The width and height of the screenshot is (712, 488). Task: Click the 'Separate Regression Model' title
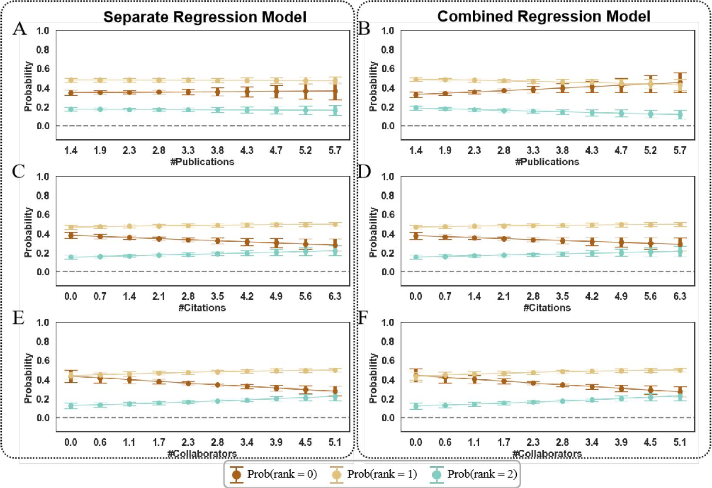(x=204, y=17)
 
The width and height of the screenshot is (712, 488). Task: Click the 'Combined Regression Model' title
(x=544, y=16)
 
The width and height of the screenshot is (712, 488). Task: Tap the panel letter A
(x=20, y=29)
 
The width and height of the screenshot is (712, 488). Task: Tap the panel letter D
(x=364, y=172)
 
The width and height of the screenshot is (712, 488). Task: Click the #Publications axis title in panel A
(x=203, y=162)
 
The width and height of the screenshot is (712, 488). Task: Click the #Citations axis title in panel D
(x=547, y=308)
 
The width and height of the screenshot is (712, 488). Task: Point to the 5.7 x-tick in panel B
(x=679, y=150)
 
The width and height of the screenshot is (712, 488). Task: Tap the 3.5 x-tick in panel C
(x=217, y=296)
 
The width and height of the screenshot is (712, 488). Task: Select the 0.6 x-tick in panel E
(x=100, y=442)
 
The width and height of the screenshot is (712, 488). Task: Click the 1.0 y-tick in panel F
(x=388, y=322)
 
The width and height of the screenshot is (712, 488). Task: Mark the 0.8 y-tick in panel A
(x=43, y=50)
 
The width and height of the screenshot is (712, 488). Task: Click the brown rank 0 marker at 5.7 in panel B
(x=679, y=82)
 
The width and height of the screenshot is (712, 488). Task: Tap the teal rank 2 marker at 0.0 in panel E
(x=70, y=406)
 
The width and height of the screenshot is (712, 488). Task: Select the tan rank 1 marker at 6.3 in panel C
(x=335, y=224)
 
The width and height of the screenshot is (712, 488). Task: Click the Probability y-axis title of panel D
(x=373, y=232)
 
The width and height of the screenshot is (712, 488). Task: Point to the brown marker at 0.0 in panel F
(x=415, y=376)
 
